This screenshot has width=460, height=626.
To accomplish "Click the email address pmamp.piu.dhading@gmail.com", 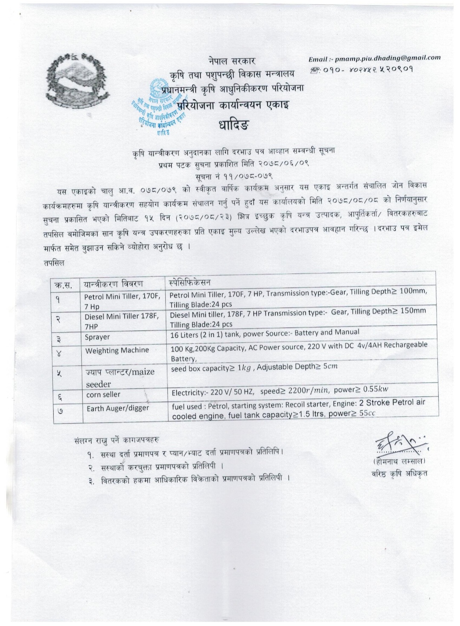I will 374,58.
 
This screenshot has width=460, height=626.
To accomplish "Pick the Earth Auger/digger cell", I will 118,408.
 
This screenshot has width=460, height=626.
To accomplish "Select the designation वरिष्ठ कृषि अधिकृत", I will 399,474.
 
